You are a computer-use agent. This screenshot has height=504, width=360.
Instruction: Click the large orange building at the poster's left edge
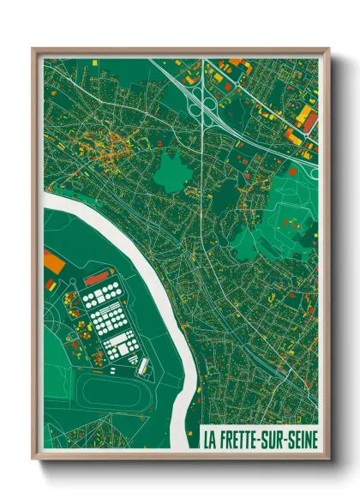tap(51, 261)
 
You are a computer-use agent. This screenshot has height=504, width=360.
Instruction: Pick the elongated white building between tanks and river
tap(143, 367)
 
